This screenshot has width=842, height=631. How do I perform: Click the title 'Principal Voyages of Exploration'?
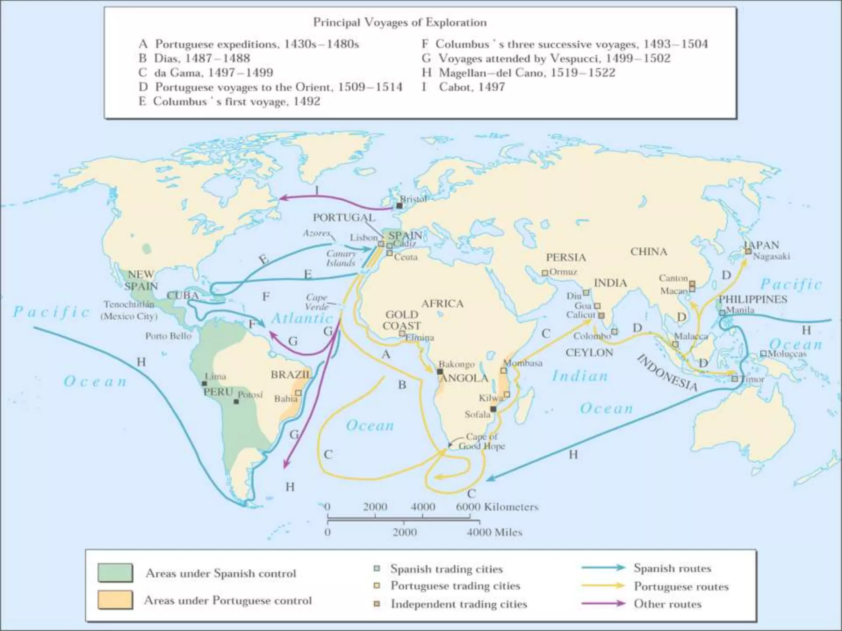[400, 22]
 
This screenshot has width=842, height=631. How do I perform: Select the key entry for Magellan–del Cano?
[518, 73]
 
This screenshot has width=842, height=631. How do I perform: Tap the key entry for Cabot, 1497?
[464, 87]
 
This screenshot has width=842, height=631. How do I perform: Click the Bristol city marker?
[399, 205]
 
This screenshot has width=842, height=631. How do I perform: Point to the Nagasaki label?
[771, 256]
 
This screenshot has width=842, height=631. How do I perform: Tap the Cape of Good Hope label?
[481, 441]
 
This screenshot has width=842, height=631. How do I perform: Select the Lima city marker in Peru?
[204, 383]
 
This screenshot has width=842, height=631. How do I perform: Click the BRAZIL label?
[291, 375]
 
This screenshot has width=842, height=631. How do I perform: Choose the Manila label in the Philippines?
[740, 310]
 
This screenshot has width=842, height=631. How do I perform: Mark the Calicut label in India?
[580, 315]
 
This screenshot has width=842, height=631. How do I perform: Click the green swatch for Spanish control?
[115, 573]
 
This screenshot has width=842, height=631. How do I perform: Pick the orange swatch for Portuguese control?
[115, 600]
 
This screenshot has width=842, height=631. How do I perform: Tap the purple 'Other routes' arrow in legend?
[603, 603]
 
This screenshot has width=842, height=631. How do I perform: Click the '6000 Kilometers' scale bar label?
[497, 507]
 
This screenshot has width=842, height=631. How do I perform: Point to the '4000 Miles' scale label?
[494, 532]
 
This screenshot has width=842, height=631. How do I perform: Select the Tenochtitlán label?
[129, 304]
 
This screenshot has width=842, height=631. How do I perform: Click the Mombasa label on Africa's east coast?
[523, 363]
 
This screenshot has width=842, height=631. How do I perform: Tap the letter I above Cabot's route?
[317, 190]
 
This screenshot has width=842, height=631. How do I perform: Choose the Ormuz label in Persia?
[563, 272]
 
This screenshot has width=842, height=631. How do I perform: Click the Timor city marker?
[735, 379]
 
